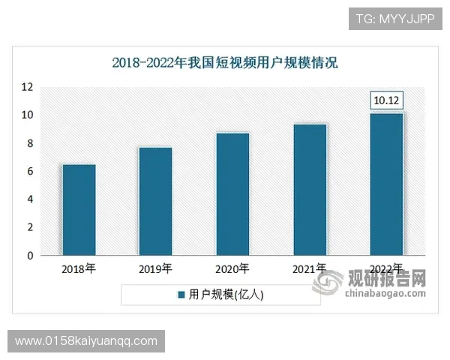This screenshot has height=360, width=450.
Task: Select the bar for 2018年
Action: [78, 210]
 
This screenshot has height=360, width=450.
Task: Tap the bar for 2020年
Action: [232, 194]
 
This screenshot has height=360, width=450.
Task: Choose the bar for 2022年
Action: [386, 184]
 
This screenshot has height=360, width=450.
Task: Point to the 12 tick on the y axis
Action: [27, 87]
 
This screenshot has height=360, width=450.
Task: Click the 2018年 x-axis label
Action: [78, 268]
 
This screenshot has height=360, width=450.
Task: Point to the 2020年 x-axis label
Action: [232, 268]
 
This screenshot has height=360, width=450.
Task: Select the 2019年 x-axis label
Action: [155, 268]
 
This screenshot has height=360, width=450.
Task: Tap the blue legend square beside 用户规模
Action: [181, 295]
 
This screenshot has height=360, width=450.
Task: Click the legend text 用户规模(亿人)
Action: [226, 295]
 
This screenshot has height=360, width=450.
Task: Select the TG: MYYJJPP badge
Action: [396, 17]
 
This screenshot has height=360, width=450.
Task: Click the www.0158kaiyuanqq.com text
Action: [86, 341]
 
